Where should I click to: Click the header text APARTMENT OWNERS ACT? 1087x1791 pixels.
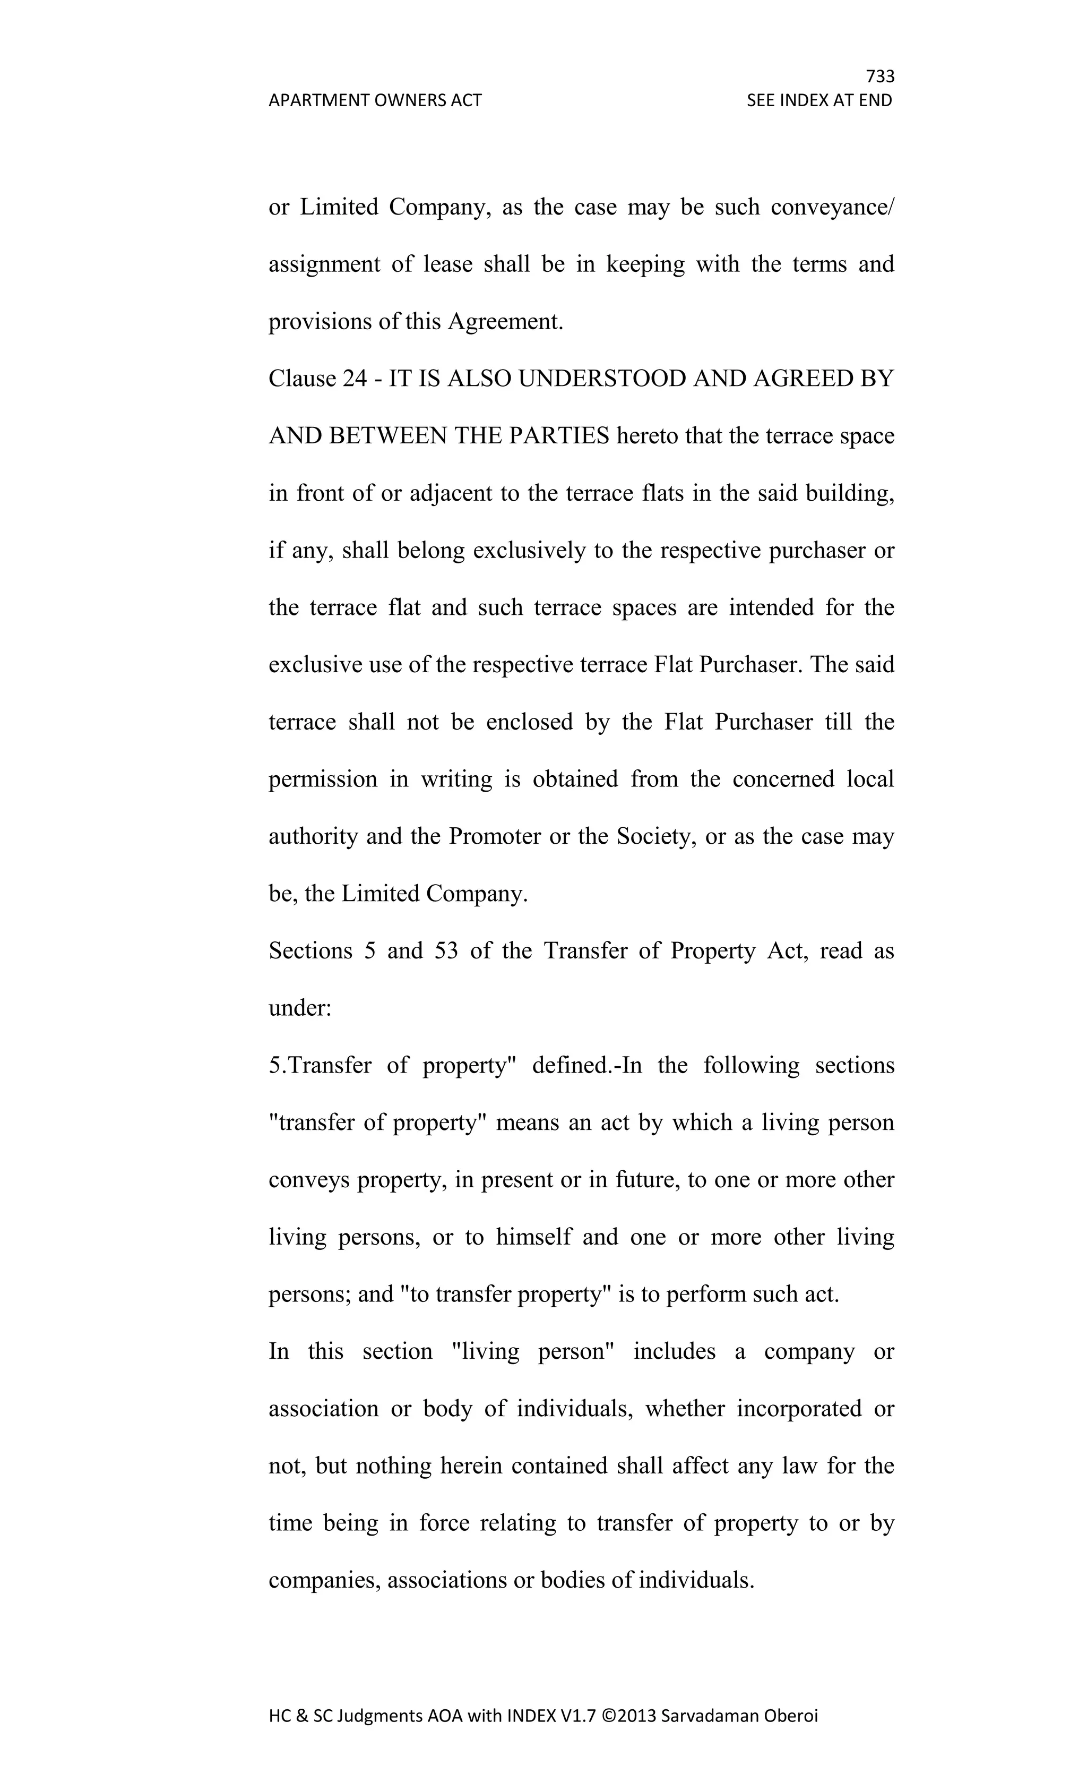click(x=375, y=100)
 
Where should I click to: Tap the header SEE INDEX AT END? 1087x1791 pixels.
click(x=819, y=100)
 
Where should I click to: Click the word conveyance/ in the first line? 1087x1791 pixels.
click(x=832, y=207)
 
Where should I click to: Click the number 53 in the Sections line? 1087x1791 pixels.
click(x=446, y=951)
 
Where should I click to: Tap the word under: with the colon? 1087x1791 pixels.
click(x=299, y=1008)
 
